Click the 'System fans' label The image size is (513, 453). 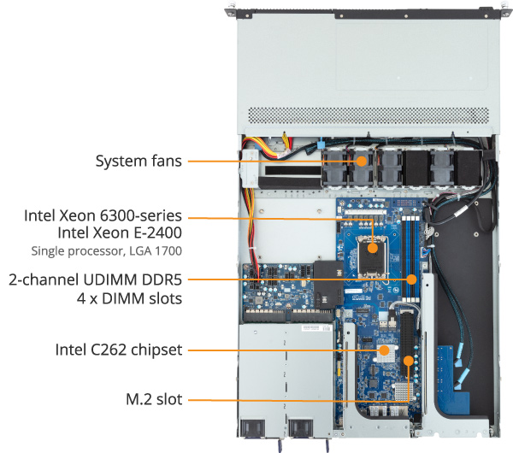coord(139,161)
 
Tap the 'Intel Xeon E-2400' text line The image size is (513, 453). coord(120,232)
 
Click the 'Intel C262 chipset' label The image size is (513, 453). coord(119,350)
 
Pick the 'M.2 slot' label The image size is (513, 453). coord(154,398)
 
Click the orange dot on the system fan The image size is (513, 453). coord(362,160)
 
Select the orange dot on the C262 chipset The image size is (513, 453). coord(385,350)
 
